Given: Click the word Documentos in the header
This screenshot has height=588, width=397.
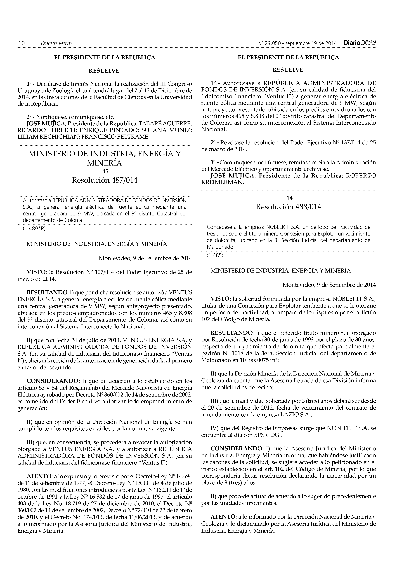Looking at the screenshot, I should click(57, 43).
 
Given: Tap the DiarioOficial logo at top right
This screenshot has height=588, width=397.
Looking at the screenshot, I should click(359, 43).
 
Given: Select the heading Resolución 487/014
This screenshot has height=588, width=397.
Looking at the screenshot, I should click(105, 180).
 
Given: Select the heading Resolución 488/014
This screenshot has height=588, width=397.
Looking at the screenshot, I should click(288, 207).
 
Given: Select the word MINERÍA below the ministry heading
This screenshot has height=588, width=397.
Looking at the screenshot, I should click(105, 163).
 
